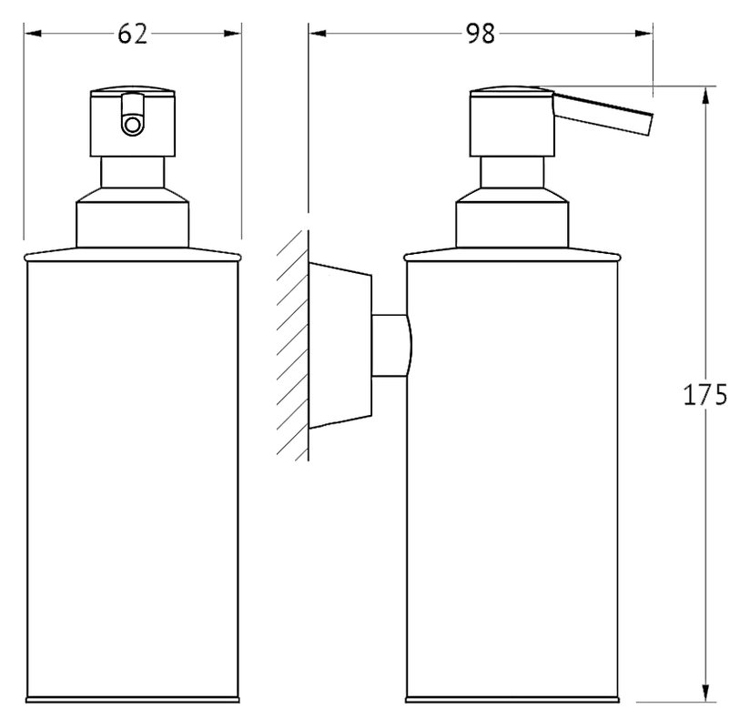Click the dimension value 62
tap(133, 34)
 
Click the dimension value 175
tap(705, 395)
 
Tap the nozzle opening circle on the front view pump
tap(132, 126)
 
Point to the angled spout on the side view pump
tap(603, 114)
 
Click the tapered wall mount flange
tap(340, 346)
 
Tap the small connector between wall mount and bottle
tap(391, 346)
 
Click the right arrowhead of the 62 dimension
tap(232, 34)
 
